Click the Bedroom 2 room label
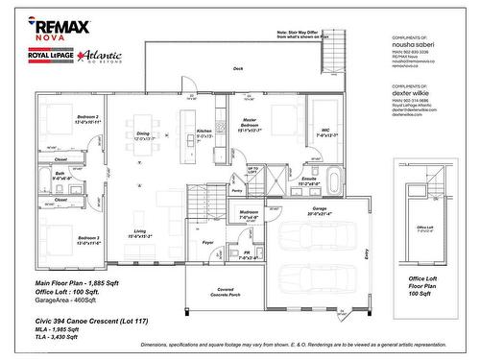click(60, 120)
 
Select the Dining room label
click(143, 136)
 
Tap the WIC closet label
click(326, 132)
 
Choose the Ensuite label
click(309, 180)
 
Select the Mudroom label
click(249, 214)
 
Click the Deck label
click(238, 69)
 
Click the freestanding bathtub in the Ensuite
click(333, 179)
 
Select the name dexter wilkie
click(413, 93)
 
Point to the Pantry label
click(236, 192)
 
